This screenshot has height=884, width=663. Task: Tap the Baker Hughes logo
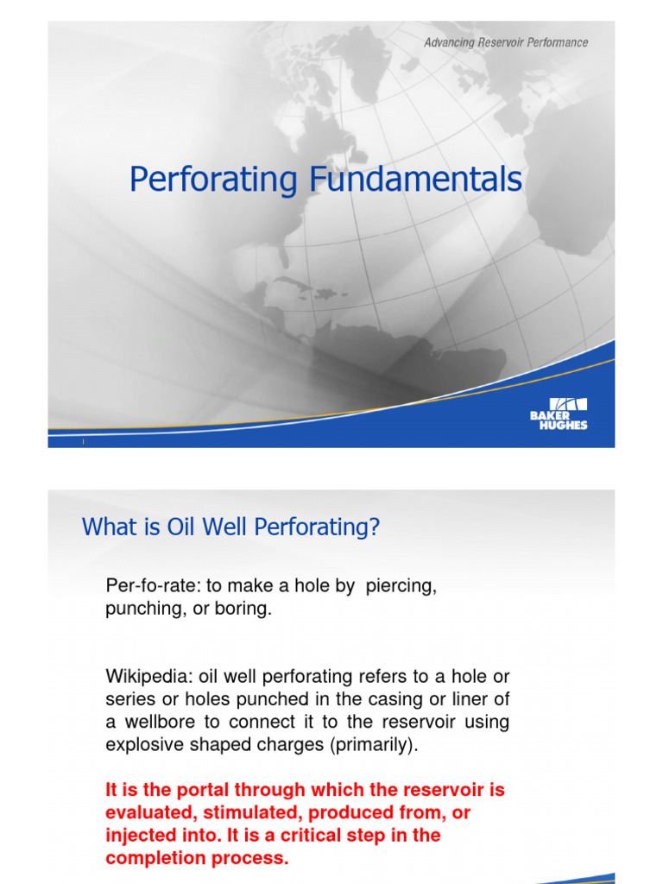coord(559,414)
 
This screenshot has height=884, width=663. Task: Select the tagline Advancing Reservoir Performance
coord(506,42)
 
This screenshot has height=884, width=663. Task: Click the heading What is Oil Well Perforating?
coord(230,527)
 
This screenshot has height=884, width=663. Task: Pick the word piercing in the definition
coord(401,587)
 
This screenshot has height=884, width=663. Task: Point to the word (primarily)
coord(376,745)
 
